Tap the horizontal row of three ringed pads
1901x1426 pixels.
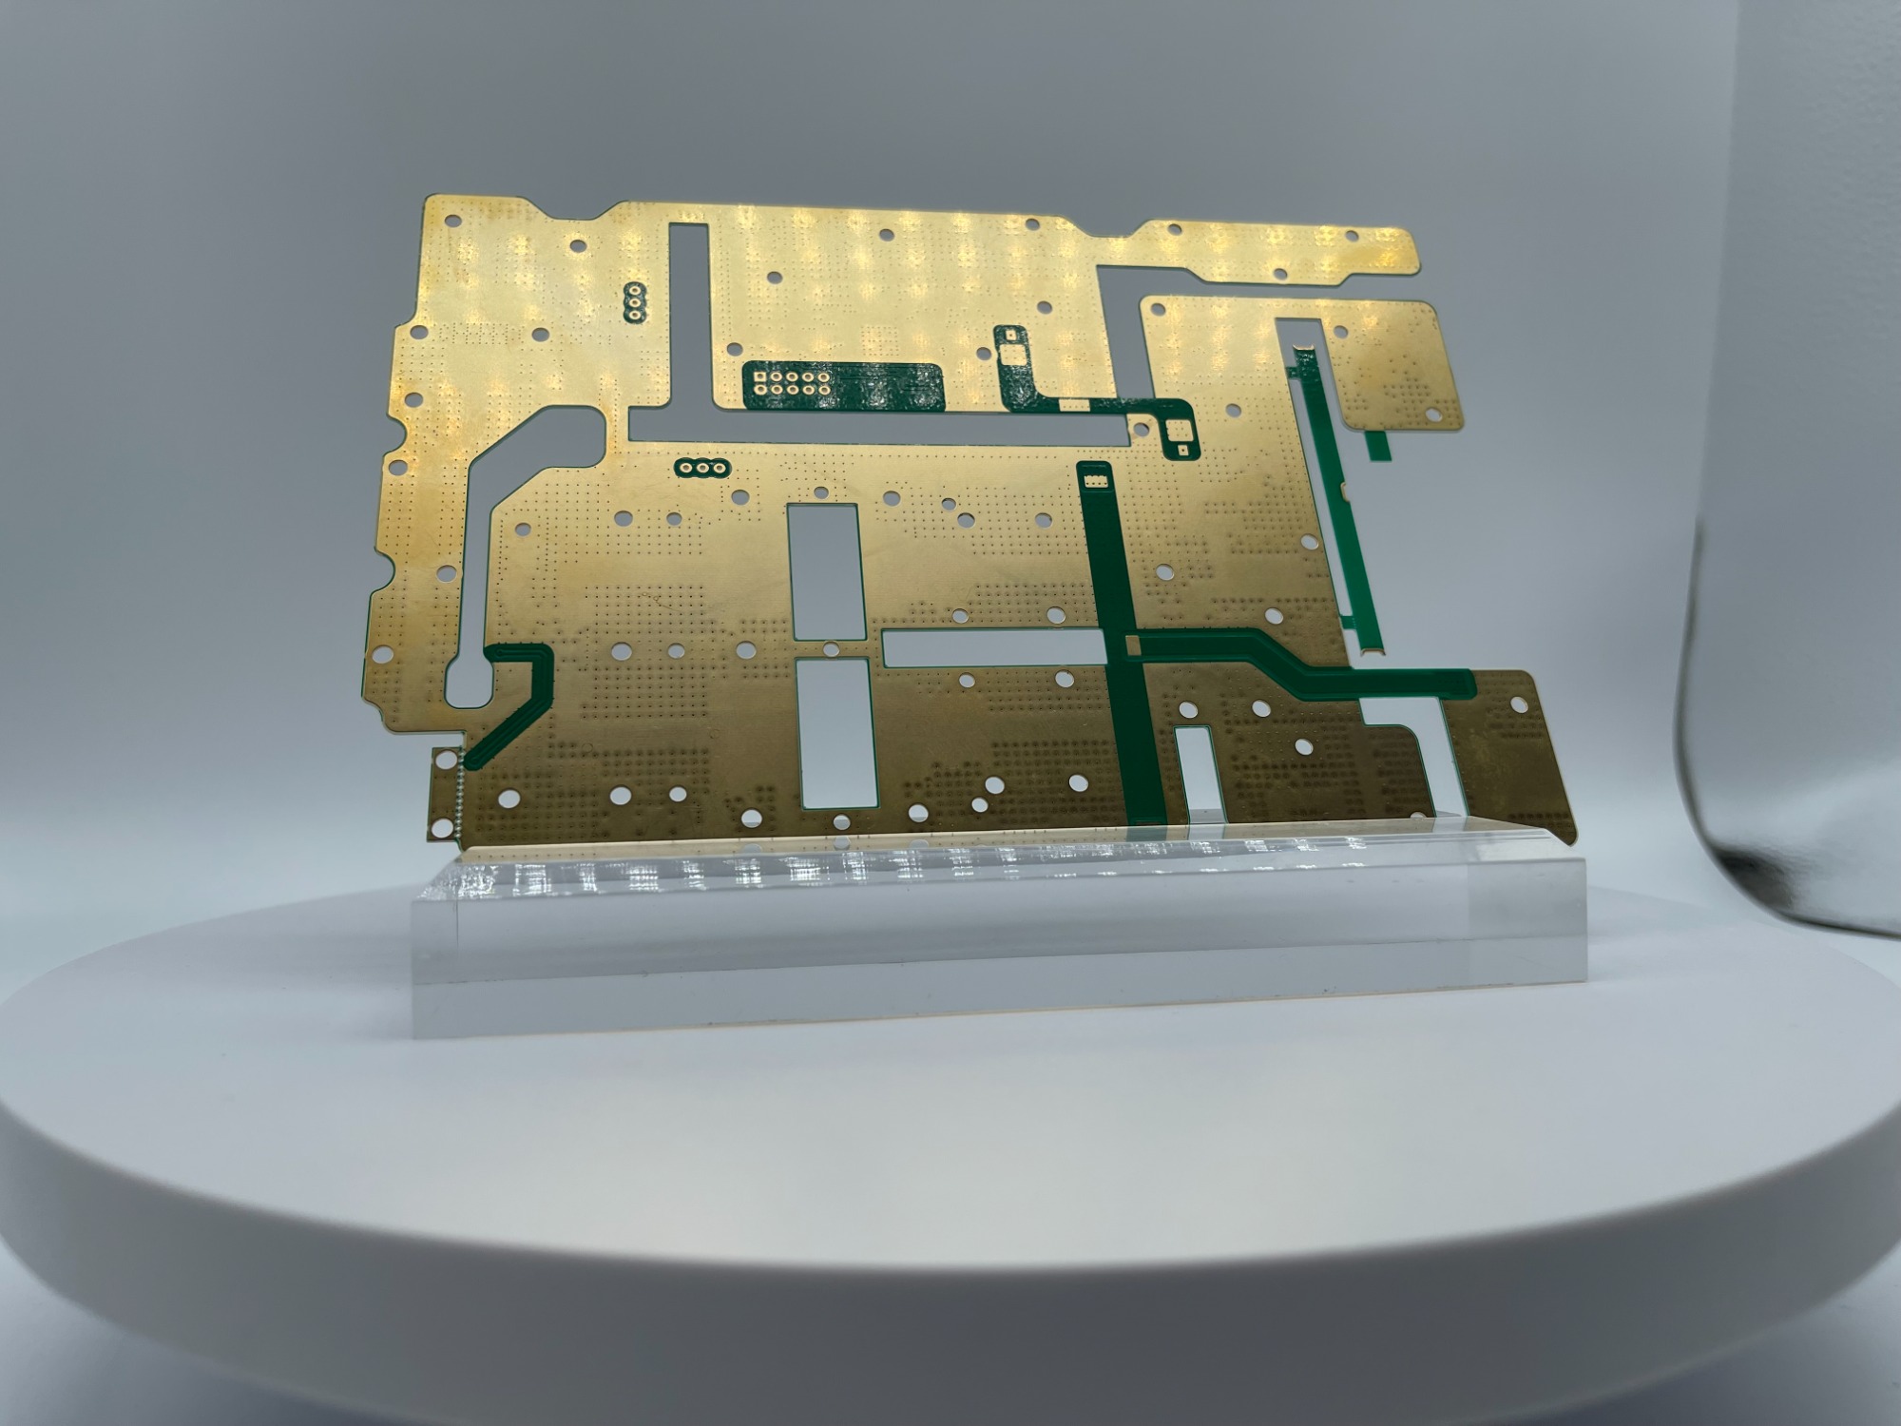click(702, 467)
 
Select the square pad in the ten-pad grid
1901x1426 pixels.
click(760, 376)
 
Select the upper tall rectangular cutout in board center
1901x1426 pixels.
click(824, 570)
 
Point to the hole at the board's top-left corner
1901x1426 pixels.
click(452, 221)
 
